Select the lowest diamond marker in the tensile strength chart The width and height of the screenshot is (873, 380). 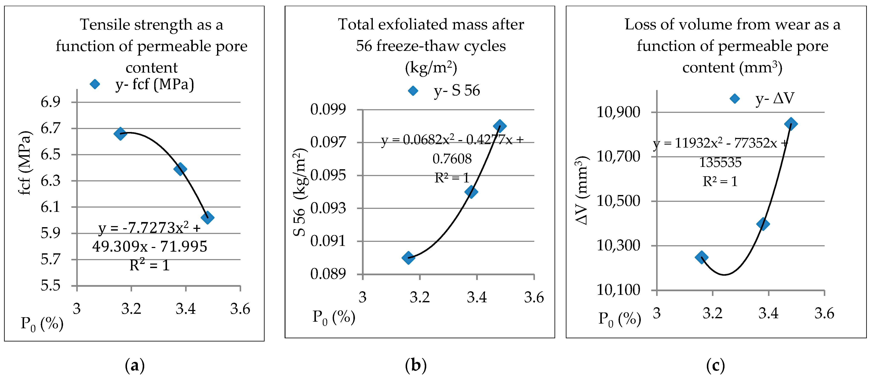[207, 217]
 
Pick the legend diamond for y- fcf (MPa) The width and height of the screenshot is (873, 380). [95, 84]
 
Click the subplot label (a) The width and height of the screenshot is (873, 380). [135, 366]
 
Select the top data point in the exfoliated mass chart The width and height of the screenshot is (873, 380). [500, 126]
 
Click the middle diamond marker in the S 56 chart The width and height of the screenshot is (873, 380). [471, 192]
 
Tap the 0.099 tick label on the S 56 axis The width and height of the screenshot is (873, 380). [328, 109]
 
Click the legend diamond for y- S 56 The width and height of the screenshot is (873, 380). [413, 91]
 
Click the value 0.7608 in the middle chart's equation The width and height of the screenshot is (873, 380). [452, 159]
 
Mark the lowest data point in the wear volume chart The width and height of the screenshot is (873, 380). [701, 257]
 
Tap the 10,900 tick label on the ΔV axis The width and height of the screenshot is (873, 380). [618, 112]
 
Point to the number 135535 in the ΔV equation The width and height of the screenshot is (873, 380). [720, 163]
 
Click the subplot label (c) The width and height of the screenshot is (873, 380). [715, 366]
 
